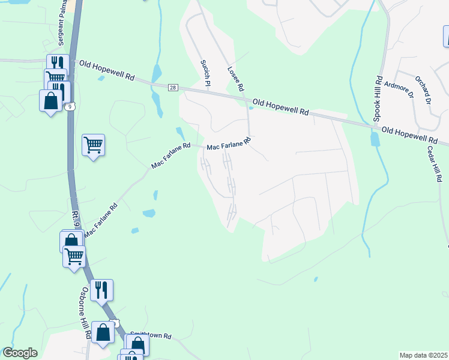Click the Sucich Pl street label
(205, 73)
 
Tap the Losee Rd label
(235, 78)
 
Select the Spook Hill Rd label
(378, 98)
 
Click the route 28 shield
(173, 88)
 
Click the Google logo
(20, 353)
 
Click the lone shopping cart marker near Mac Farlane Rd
(93, 144)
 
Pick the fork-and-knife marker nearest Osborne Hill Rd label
(102, 290)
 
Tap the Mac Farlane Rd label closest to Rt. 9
(101, 220)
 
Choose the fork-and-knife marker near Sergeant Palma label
(57, 64)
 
